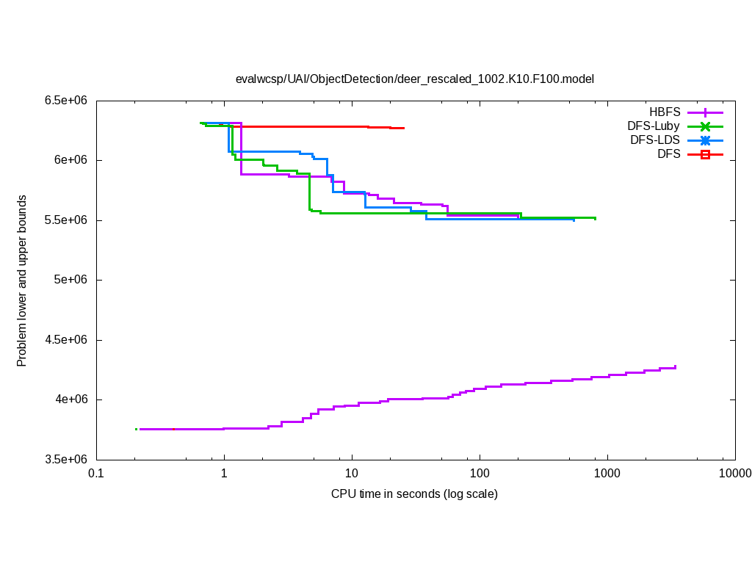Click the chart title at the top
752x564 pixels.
(414, 79)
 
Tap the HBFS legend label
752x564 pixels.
(665, 112)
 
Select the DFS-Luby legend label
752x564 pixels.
(654, 126)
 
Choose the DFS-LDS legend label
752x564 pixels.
(655, 140)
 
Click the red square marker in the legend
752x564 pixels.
(705, 154)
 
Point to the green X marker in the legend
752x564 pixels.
(705, 126)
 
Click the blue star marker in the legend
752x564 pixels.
(705, 140)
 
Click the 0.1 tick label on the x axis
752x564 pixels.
(95, 474)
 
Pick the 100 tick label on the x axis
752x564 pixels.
(480, 474)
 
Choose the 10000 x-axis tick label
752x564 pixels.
(734, 474)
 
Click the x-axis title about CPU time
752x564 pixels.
(414, 494)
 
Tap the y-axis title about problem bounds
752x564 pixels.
(22, 281)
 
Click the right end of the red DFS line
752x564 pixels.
(404, 128)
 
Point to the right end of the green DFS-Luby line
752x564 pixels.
(595, 218)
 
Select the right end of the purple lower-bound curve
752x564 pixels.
(675, 366)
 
